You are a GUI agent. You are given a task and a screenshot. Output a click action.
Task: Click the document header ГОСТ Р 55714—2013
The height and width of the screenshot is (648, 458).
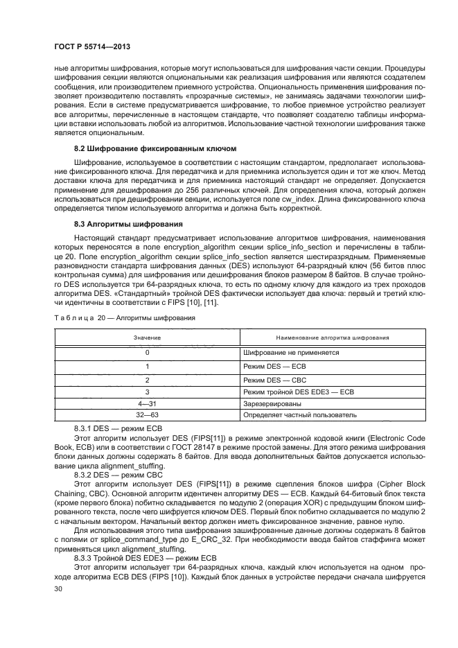(x=92, y=46)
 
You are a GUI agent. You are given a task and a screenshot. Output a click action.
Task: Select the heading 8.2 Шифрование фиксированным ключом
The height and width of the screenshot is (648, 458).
(x=155, y=149)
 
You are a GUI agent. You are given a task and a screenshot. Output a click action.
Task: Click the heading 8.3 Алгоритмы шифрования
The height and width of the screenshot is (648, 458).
(x=128, y=225)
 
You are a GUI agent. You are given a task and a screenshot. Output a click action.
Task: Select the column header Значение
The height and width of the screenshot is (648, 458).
(x=148, y=338)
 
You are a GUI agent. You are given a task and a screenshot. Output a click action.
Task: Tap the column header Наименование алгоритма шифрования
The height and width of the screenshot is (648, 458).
(x=332, y=338)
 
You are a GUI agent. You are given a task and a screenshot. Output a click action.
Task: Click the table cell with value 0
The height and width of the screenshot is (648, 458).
(x=148, y=352)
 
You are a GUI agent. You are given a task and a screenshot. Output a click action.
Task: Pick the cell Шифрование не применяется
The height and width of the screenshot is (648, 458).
(x=290, y=352)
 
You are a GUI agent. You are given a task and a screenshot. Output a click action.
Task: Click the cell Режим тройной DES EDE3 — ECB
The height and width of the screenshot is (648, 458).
(x=299, y=392)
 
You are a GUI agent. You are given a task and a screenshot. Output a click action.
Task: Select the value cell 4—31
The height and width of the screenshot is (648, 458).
(x=148, y=403)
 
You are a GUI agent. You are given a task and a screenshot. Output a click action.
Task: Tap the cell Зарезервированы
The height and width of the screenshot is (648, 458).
(x=272, y=403)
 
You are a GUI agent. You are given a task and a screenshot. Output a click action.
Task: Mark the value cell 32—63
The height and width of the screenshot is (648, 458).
(x=148, y=415)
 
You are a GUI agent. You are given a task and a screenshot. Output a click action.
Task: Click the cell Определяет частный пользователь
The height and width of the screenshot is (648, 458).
(x=300, y=415)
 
